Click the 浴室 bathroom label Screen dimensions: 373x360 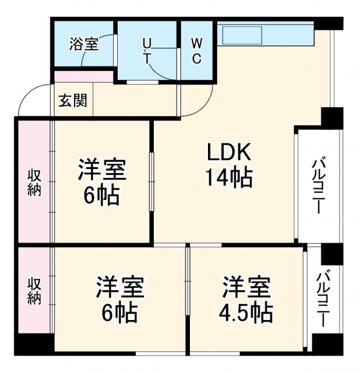(84, 44)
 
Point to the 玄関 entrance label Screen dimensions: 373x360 (73, 100)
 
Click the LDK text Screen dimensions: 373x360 (229, 153)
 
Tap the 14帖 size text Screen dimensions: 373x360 (229, 177)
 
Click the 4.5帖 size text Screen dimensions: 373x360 (246, 313)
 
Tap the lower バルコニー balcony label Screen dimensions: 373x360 (322, 298)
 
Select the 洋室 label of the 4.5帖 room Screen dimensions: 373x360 (246, 288)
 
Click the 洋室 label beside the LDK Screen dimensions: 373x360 (102, 171)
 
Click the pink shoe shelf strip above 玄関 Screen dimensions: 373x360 (83, 76)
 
